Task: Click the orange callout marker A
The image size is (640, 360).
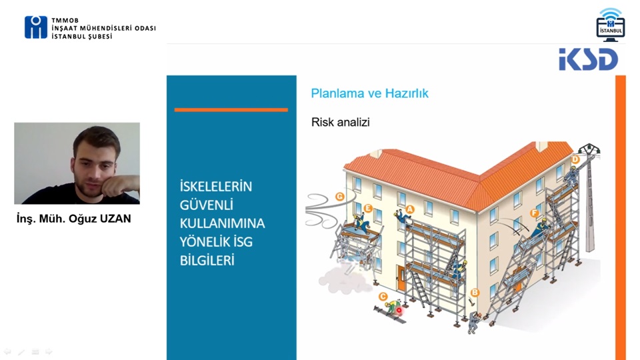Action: [x=409, y=209]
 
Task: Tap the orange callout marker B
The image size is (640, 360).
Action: [x=474, y=293]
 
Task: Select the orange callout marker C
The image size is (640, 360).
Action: [x=383, y=297]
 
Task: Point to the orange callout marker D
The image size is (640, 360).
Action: [x=575, y=159]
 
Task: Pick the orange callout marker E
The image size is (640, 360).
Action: [x=368, y=209]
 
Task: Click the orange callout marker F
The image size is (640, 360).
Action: [x=534, y=213]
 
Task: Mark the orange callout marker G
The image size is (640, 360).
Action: [x=339, y=197]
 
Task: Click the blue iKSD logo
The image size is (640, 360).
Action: [x=588, y=59]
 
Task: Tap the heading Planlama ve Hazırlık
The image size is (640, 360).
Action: [x=369, y=93]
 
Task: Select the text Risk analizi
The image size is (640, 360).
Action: [x=341, y=122]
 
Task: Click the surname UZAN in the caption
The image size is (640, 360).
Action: [x=115, y=219]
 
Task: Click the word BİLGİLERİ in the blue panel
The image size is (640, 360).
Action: [x=207, y=261]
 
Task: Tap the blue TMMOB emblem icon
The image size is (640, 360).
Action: [x=36, y=27]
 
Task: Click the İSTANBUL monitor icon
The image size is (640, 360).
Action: [x=610, y=25]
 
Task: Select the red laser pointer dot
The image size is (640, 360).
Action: [x=399, y=311]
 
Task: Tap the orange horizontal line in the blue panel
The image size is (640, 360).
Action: [x=231, y=110]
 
